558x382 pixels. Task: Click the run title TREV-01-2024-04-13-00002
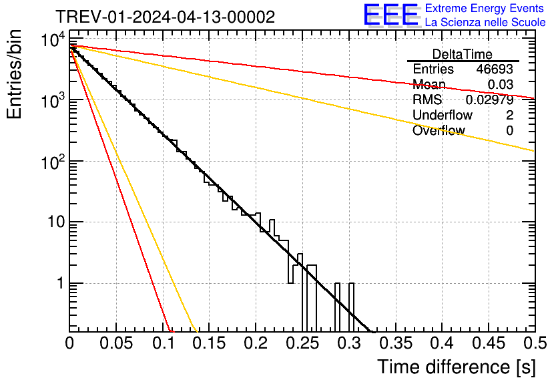[x=165, y=17]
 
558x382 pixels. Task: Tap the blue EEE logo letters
[x=391, y=15]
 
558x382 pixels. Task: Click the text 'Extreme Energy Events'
[x=485, y=9]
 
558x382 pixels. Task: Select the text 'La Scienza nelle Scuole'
[x=485, y=22]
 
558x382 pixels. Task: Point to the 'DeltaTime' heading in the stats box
[x=463, y=54]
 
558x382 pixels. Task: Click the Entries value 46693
[x=495, y=69]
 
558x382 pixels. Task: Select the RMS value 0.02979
[x=489, y=100]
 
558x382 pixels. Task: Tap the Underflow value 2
[x=509, y=116]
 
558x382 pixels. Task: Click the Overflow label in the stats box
[x=438, y=131]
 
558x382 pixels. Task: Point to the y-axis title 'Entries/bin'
[x=15, y=76]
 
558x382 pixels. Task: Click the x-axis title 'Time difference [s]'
[x=456, y=367]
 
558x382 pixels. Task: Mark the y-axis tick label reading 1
[x=59, y=283]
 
